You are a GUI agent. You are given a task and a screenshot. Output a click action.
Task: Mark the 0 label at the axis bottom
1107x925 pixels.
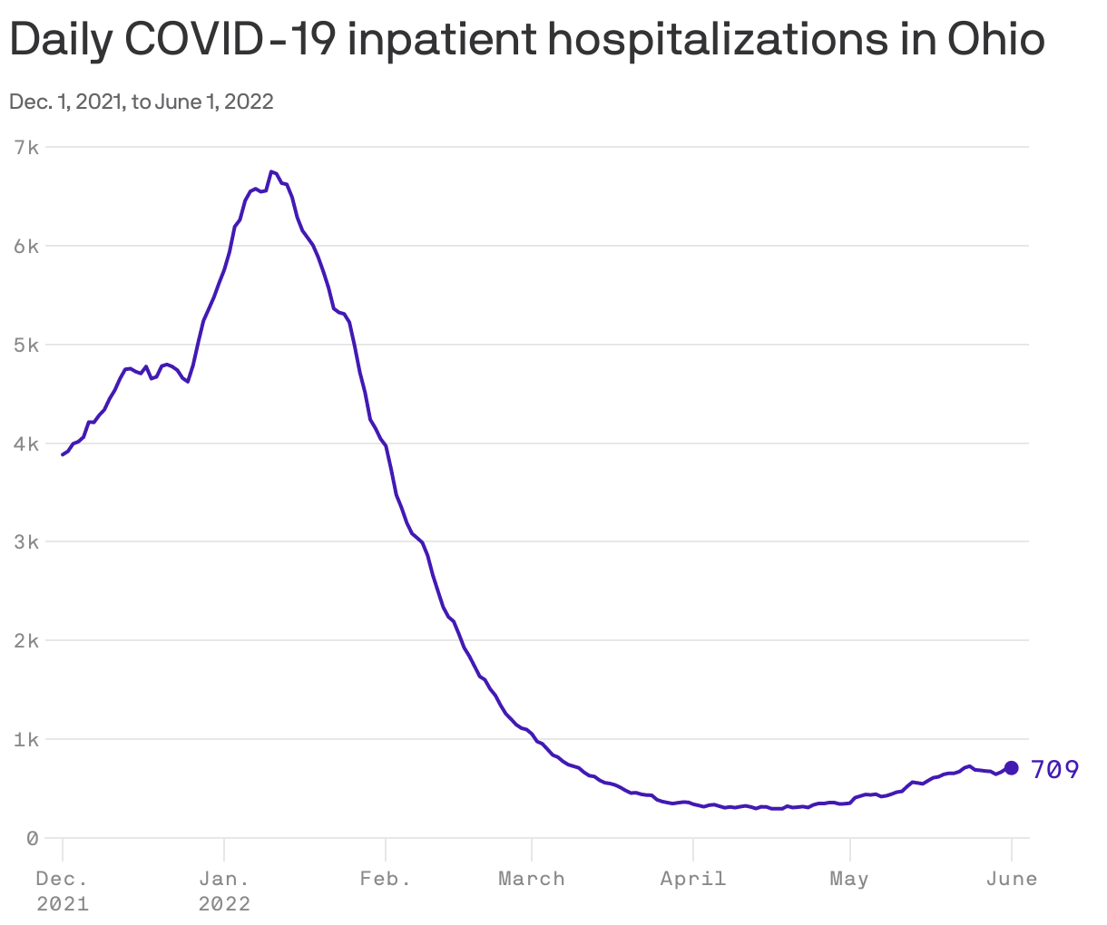(x=33, y=839)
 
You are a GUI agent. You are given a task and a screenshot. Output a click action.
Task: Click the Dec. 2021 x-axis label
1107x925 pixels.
(x=63, y=891)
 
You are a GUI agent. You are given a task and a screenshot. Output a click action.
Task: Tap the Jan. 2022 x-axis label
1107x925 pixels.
(x=224, y=891)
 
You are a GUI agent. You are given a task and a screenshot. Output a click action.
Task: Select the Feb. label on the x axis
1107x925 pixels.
(x=385, y=879)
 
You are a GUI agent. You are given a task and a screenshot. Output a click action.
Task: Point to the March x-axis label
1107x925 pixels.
(x=532, y=879)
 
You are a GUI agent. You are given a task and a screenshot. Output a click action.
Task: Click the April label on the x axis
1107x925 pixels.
(x=693, y=879)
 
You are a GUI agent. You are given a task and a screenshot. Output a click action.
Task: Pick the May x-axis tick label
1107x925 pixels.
(x=849, y=879)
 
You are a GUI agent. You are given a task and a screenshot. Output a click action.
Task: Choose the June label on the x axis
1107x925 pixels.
(x=1012, y=879)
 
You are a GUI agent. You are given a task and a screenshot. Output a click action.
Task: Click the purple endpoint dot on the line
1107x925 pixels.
(x=1012, y=768)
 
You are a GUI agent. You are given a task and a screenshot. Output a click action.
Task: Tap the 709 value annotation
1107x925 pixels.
(x=1055, y=770)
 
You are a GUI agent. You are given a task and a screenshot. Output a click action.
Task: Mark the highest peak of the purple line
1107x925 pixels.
(x=271, y=171)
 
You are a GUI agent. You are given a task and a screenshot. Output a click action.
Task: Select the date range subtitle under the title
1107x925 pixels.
(x=142, y=102)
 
